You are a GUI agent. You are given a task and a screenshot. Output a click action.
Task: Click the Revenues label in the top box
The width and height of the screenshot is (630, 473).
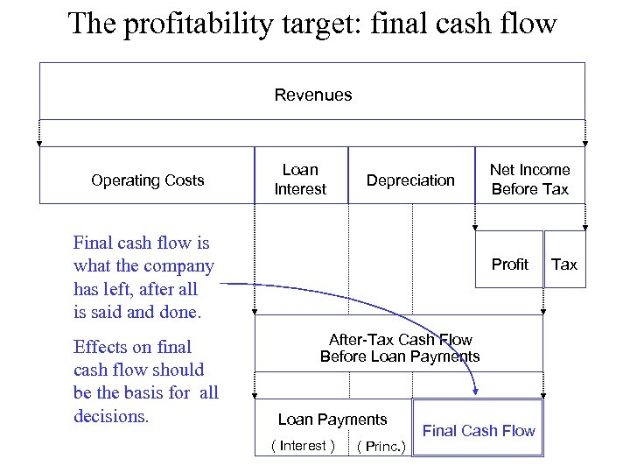tap(312, 95)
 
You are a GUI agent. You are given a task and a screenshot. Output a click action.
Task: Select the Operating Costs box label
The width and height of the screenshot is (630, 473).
tap(147, 180)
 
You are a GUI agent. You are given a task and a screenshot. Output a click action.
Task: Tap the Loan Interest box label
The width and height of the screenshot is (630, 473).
tap(300, 180)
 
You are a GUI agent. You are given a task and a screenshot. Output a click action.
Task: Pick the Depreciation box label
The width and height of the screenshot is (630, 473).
tap(410, 180)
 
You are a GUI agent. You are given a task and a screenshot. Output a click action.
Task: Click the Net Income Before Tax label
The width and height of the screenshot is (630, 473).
tap(529, 180)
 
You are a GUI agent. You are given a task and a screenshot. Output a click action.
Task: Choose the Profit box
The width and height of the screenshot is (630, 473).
tap(509, 265)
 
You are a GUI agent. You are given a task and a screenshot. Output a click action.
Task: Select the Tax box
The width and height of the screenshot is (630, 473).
tap(564, 265)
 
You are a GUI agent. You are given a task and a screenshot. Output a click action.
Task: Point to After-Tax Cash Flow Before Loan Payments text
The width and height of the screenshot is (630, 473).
tap(400, 348)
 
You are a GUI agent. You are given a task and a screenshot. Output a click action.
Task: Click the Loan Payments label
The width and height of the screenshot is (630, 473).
tap(332, 420)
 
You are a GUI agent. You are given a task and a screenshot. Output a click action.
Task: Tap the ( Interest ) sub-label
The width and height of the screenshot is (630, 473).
tap(303, 446)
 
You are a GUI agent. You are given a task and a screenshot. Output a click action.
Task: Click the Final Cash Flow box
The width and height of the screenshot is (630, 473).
tap(479, 430)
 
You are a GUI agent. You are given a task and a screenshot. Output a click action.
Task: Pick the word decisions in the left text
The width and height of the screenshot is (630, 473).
tap(111, 416)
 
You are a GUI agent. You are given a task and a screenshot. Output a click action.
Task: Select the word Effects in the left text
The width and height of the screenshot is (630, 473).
tap(101, 347)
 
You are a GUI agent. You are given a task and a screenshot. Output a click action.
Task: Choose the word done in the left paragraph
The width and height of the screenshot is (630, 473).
tap(178, 312)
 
